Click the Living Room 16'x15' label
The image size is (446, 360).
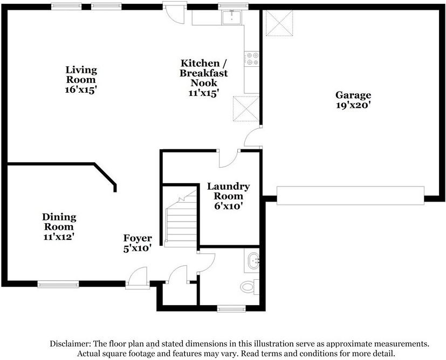tap(81, 80)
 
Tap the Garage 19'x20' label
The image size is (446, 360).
tap(353, 100)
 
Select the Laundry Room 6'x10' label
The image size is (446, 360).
tap(229, 196)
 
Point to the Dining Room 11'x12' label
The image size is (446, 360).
tap(59, 227)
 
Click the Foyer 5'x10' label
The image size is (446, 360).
tap(138, 243)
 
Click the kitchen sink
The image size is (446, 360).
tap(231, 17)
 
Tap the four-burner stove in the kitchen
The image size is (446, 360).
tap(252, 59)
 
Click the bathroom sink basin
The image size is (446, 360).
tap(253, 260)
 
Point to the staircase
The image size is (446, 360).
tap(181, 218)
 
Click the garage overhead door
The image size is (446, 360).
tap(351, 196)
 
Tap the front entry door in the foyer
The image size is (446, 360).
tap(138, 278)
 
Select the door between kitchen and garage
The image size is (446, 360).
tap(253, 137)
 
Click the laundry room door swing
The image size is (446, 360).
tap(229, 158)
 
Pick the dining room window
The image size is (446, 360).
tap(58, 284)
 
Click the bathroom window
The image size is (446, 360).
tap(231, 309)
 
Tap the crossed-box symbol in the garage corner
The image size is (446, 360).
tap(279, 23)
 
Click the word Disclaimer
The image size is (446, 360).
tap(70, 343)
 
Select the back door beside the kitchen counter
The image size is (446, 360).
tap(174, 13)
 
